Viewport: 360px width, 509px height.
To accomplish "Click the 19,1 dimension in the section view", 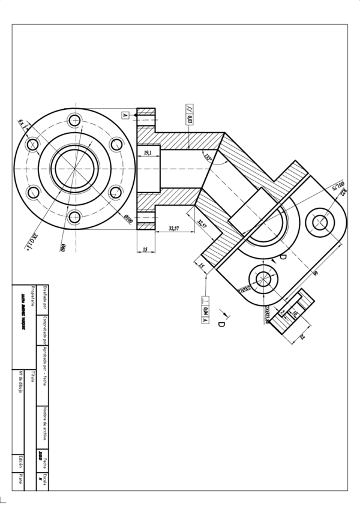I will click(146, 154).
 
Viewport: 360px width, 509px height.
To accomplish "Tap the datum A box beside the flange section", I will click(125, 114).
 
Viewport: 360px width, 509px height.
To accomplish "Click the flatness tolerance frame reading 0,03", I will click(190, 114).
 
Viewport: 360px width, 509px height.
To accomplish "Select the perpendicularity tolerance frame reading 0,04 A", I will click(205, 310).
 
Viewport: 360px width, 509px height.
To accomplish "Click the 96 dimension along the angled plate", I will click(315, 273).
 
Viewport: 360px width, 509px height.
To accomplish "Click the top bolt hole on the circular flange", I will click(74, 120).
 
